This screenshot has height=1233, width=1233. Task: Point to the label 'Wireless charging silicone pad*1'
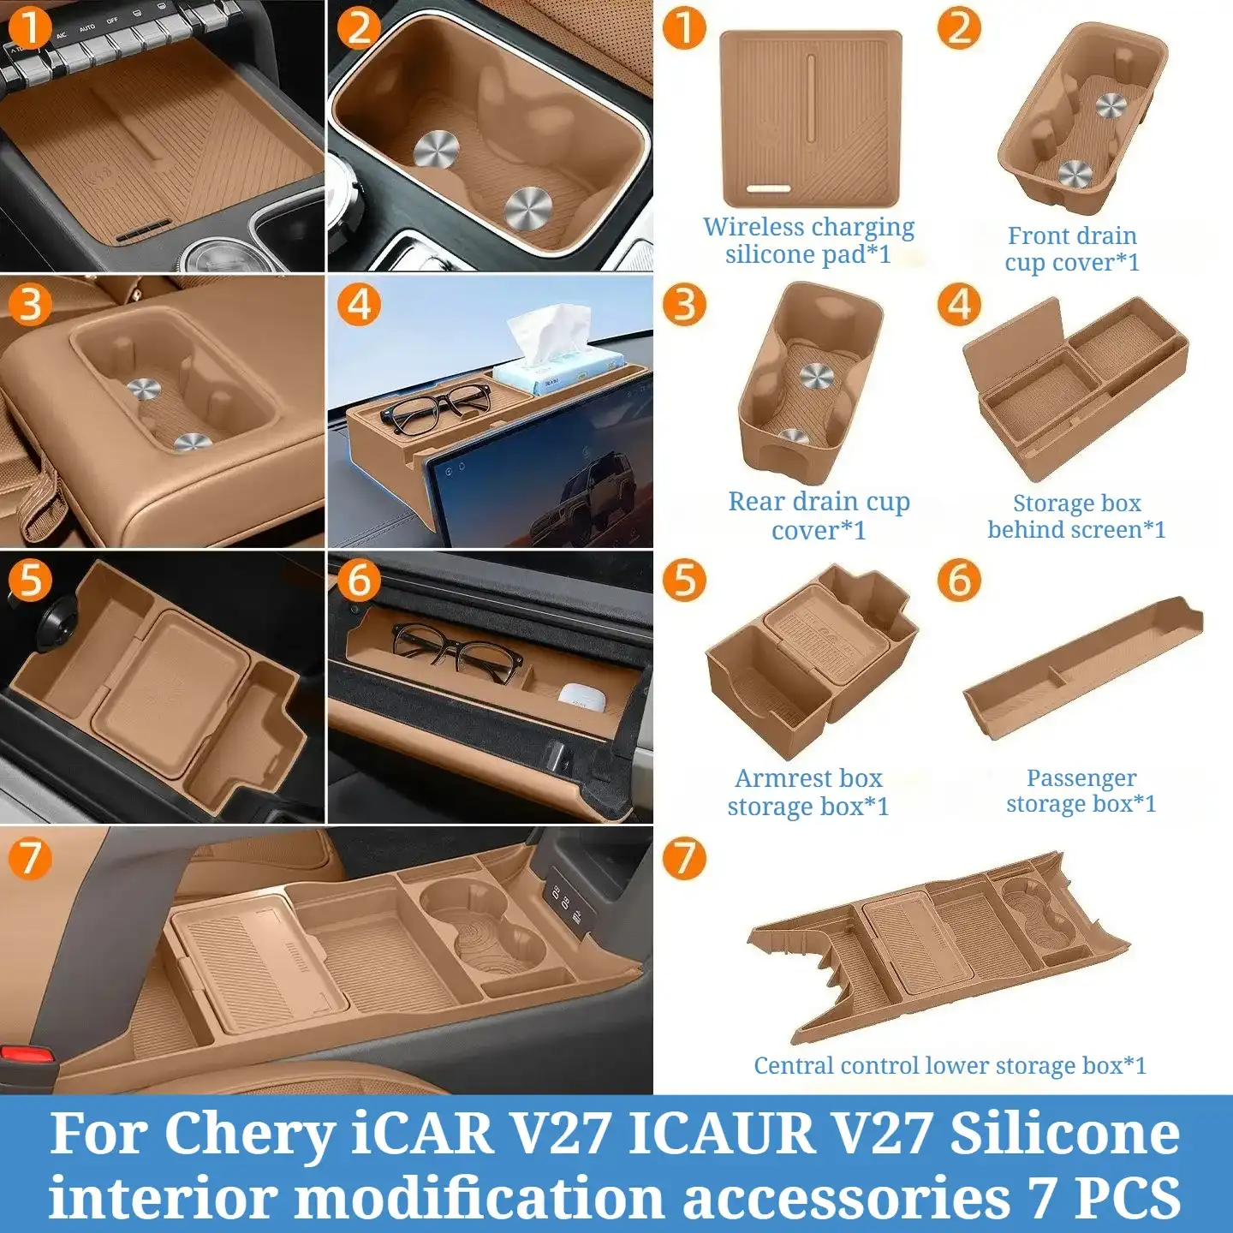point(808,241)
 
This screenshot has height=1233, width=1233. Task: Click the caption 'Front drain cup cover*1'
point(1072,249)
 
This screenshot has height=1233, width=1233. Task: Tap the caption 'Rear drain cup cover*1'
point(819,515)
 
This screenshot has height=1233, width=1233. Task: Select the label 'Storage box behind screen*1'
point(1077,515)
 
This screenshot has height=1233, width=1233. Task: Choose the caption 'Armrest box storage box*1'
point(808,792)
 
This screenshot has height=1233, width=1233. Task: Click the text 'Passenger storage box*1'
point(1081,791)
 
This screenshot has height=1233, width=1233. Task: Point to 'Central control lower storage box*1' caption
point(950,1065)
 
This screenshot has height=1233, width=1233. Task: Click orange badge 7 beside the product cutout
point(683,859)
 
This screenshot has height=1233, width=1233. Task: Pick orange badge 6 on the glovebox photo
point(358,580)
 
